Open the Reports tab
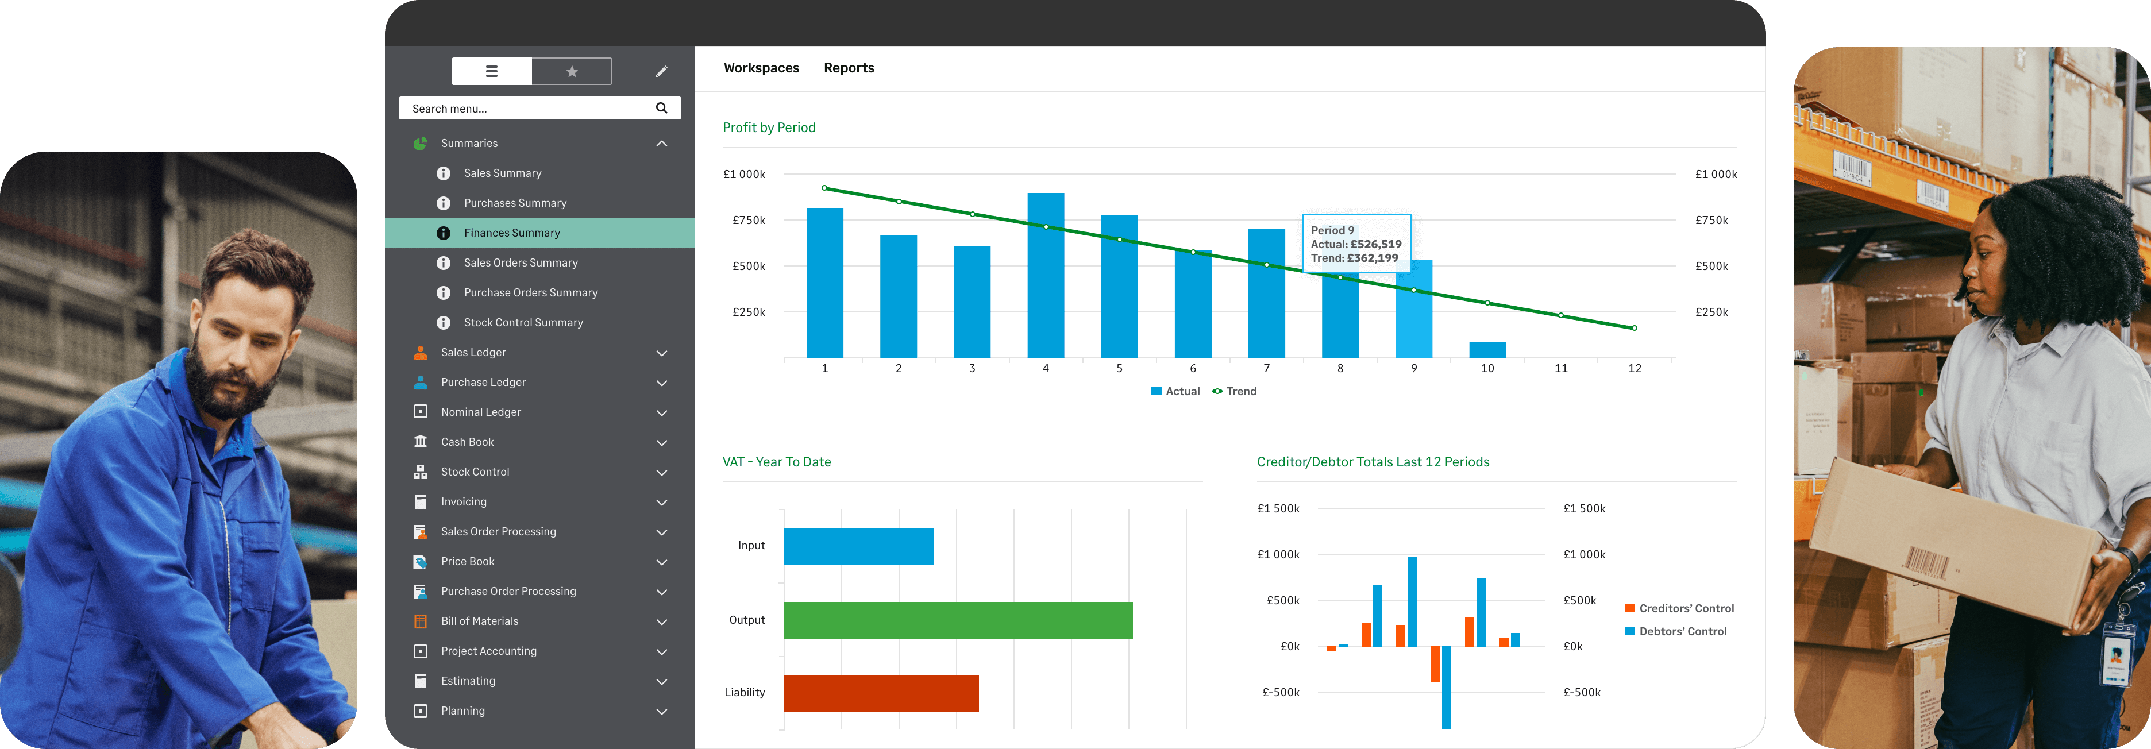(849, 68)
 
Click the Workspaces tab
(761, 68)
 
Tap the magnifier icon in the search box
(661, 108)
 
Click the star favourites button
(572, 72)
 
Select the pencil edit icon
(661, 72)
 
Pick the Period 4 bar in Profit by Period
(1046, 276)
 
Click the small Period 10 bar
(1487, 350)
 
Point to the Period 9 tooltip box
(1356, 244)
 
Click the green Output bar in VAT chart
(957, 620)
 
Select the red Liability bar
(880, 694)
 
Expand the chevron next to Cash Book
(661, 442)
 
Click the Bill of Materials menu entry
(479, 621)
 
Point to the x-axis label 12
(1634, 368)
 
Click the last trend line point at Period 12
(1634, 328)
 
